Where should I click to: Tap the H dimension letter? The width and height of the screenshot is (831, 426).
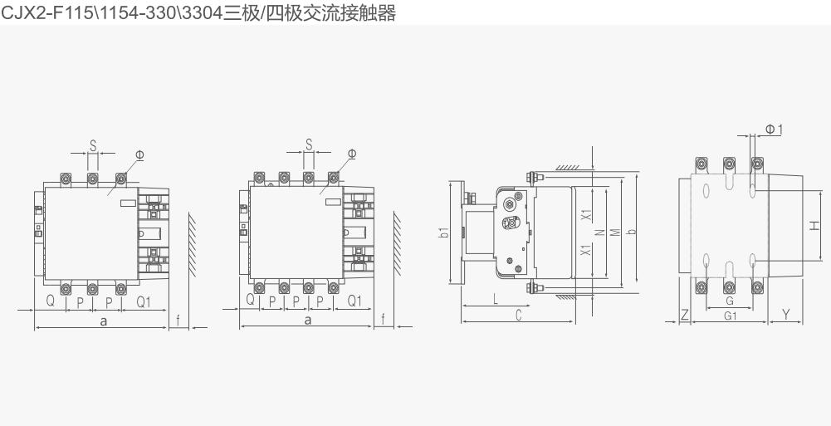(814, 225)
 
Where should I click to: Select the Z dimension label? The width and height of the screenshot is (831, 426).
(685, 316)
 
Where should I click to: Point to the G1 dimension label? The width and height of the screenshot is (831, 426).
(731, 316)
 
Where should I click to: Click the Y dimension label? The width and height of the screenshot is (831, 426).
(786, 316)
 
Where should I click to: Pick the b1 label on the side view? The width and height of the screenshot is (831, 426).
(444, 232)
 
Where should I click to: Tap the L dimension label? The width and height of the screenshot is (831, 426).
(496, 300)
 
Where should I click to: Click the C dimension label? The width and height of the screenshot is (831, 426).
(519, 316)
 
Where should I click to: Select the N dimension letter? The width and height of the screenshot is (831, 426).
(600, 232)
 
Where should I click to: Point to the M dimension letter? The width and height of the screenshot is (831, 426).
(615, 232)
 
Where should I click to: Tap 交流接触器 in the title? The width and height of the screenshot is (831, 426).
(350, 12)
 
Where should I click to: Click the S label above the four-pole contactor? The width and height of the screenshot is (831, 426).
(309, 144)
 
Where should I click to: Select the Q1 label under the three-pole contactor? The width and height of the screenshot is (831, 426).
(144, 301)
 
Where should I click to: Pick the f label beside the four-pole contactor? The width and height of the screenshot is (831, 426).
(384, 320)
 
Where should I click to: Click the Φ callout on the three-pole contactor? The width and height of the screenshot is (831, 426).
(139, 154)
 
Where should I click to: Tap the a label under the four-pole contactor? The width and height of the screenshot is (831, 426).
(308, 320)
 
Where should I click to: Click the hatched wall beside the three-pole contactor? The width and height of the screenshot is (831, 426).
(192, 245)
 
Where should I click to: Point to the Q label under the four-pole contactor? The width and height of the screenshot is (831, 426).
(250, 300)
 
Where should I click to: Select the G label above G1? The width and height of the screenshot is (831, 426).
(730, 301)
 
